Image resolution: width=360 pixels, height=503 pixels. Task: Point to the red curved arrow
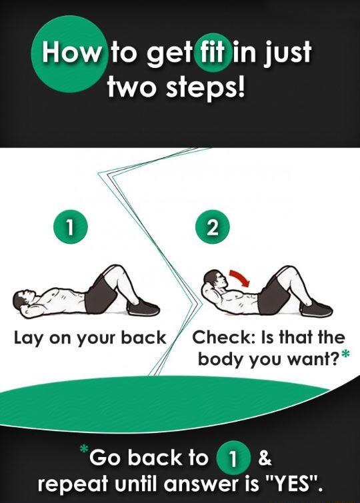tap(239, 276)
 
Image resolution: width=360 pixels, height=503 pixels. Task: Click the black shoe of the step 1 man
tap(143, 308)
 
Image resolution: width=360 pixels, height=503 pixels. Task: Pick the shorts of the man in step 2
tap(272, 294)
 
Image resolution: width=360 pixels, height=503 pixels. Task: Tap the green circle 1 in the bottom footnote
tap(230, 459)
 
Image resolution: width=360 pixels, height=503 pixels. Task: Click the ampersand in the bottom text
tap(263, 458)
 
